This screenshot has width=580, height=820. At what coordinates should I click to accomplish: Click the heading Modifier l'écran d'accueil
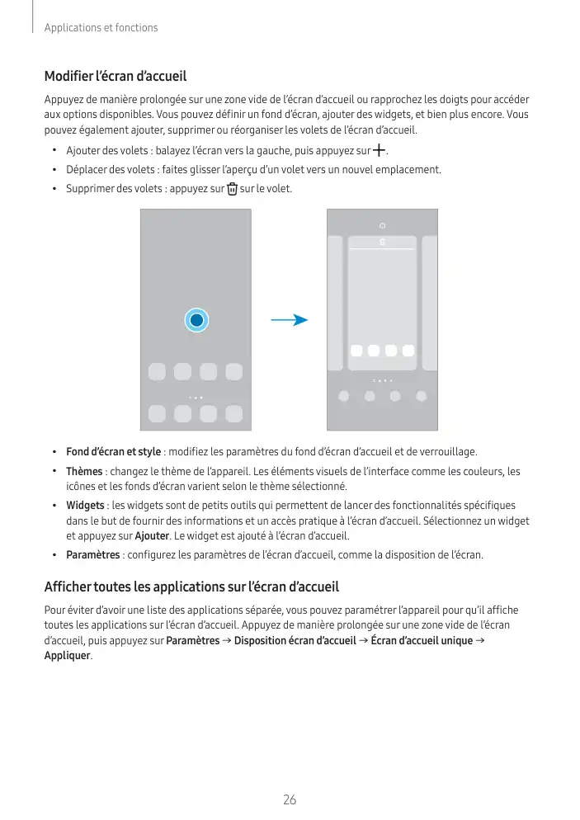116,77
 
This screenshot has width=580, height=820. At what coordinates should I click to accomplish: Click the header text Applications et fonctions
101,28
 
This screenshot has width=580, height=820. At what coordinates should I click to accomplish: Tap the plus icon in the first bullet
379,151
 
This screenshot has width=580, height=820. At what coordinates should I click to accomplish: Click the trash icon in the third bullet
231,189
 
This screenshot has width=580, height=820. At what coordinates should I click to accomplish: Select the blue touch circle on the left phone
196,320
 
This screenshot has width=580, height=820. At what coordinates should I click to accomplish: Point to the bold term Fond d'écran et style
113,452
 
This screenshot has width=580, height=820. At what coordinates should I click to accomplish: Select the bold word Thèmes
83,472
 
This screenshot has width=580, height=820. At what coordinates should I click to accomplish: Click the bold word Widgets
85,505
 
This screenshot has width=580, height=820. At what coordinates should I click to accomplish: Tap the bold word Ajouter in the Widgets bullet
151,535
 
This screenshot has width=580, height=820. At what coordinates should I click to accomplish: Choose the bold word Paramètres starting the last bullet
92,555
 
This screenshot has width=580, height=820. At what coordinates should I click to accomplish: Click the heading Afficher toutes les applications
191,588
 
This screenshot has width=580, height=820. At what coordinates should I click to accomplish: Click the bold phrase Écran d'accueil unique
422,641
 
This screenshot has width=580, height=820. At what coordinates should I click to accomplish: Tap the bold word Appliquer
67,657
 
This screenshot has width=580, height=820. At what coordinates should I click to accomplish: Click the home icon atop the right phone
383,224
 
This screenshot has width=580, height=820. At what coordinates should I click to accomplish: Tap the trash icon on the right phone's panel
383,243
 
